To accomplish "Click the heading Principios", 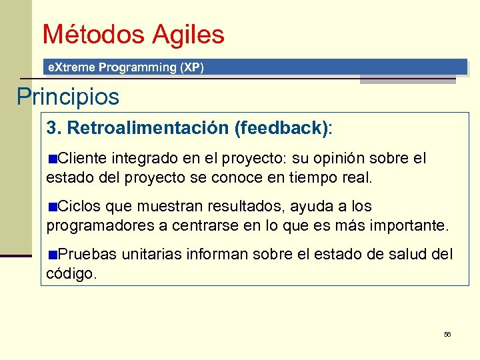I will [68, 97].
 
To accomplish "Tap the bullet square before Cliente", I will [53, 159].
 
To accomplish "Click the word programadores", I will [99, 226].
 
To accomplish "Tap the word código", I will [70, 274].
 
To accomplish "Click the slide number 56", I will [447, 334].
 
